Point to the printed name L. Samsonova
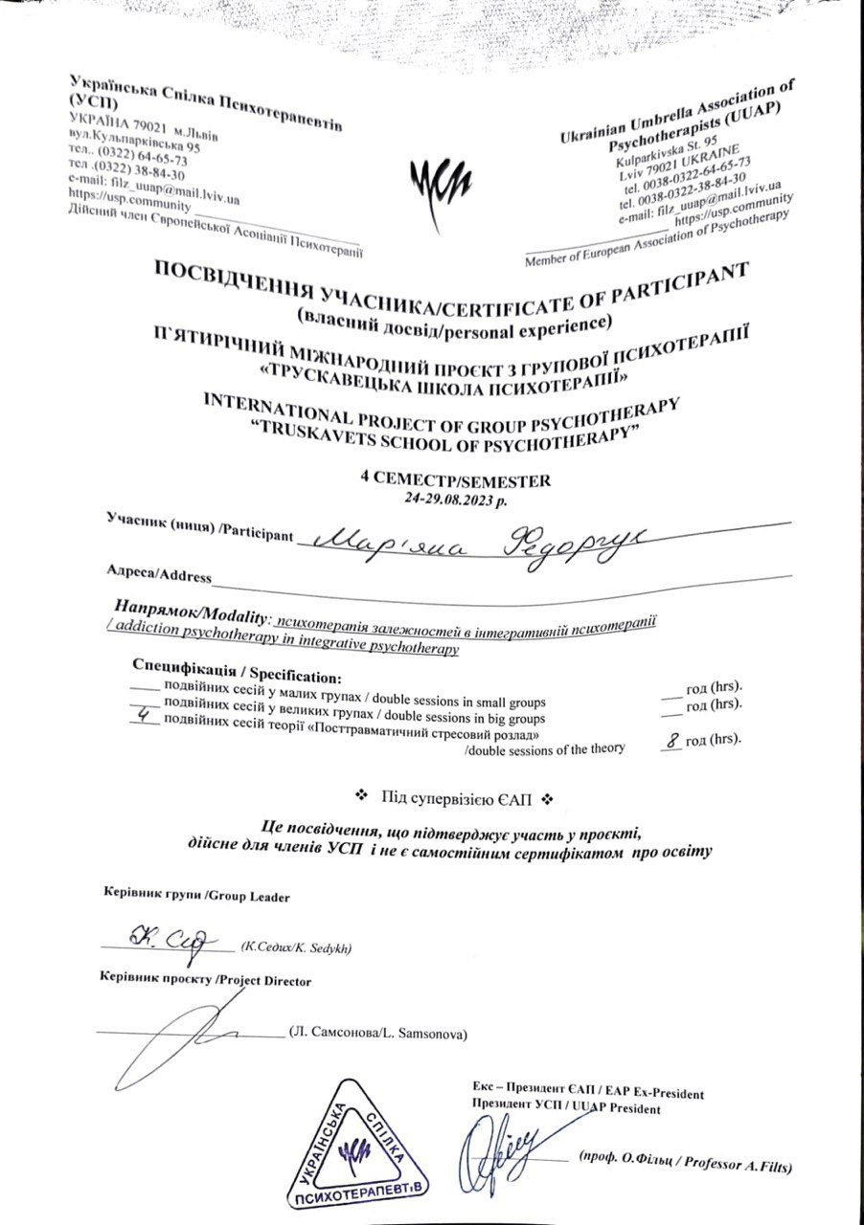pyautogui.click(x=377, y=1035)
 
